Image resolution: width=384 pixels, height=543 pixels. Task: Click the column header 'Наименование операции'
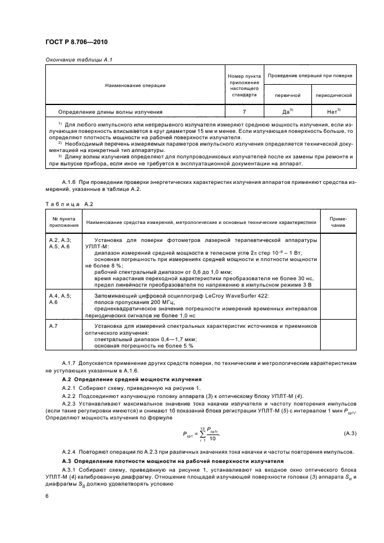click(135, 85)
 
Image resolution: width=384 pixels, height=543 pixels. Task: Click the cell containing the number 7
click(244, 111)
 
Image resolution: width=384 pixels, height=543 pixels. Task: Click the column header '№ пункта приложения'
click(61, 222)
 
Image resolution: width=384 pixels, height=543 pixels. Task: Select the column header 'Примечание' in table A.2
click(338, 222)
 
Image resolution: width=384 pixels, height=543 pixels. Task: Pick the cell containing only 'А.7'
click(53, 327)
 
